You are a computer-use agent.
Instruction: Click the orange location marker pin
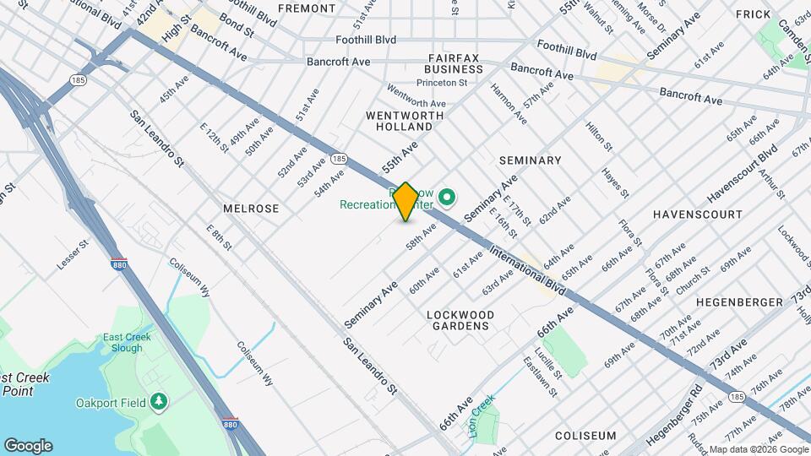pos(406,202)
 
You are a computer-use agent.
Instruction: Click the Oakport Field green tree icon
pos(158,401)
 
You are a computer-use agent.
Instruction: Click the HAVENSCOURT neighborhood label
pos(697,215)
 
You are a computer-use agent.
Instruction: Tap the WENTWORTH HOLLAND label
pos(399,120)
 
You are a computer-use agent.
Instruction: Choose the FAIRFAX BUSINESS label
pos(453,63)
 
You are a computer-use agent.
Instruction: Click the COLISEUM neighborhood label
pos(585,436)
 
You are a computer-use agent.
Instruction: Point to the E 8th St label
pos(219,237)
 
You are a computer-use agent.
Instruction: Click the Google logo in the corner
pos(28,446)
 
